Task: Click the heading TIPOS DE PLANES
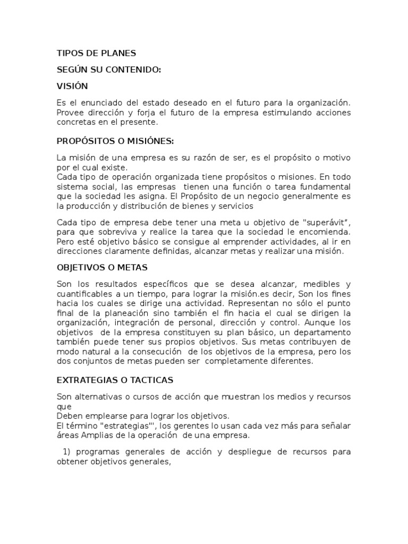tap(96, 53)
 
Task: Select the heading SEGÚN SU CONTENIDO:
tap(109, 69)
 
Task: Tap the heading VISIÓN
tap(72, 86)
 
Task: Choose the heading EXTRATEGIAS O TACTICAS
tap(115, 380)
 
